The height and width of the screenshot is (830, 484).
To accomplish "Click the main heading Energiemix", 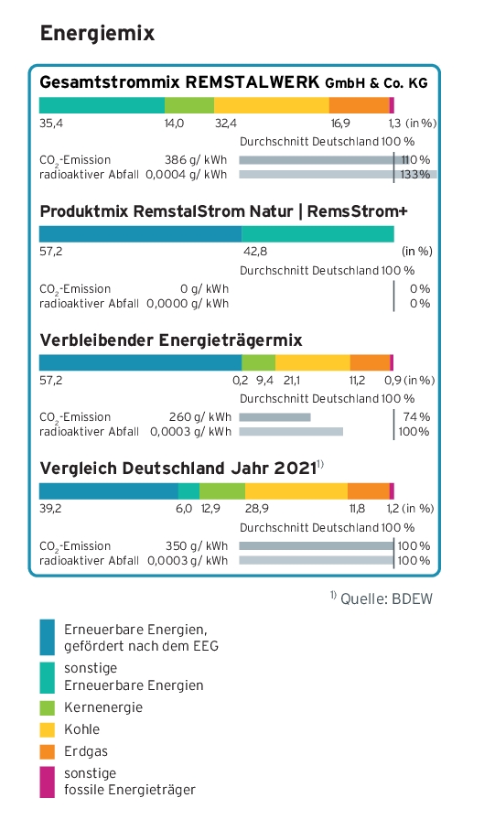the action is [x=97, y=33].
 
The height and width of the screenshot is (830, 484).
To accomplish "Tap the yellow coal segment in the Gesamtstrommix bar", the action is [x=272, y=105].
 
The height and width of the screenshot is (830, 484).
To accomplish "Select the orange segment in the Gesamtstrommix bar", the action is [x=360, y=105].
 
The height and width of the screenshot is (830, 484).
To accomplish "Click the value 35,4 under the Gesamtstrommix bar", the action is [x=51, y=124].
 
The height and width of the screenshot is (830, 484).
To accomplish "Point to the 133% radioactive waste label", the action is [x=415, y=175].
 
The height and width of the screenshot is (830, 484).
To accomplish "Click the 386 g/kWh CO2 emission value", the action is [x=196, y=160].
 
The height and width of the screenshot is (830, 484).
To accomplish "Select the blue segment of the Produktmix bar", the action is [x=140, y=234].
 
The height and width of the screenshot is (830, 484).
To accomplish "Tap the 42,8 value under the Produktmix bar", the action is [x=255, y=252].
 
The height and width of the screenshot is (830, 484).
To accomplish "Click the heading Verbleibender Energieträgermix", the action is [x=171, y=340].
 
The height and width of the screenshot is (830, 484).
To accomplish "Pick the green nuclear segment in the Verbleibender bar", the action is [x=259, y=362].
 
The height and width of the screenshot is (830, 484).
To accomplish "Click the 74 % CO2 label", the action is [x=416, y=417].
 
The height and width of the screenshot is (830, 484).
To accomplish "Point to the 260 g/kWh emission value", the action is [x=200, y=417].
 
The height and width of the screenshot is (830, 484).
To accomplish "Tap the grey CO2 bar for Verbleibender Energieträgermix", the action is [x=274, y=417].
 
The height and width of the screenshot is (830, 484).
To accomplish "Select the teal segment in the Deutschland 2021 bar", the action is [x=188, y=491].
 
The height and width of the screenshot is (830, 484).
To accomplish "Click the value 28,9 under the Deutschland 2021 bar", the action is [x=256, y=509].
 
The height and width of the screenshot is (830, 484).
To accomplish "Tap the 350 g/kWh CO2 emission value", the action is [x=197, y=546].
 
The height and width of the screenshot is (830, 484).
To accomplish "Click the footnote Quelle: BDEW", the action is [x=387, y=599].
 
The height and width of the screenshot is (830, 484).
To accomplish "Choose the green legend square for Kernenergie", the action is [x=47, y=707].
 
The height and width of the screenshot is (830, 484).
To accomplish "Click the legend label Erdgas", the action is [x=86, y=751].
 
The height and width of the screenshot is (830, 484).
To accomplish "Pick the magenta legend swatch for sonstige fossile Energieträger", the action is [x=47, y=781].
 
